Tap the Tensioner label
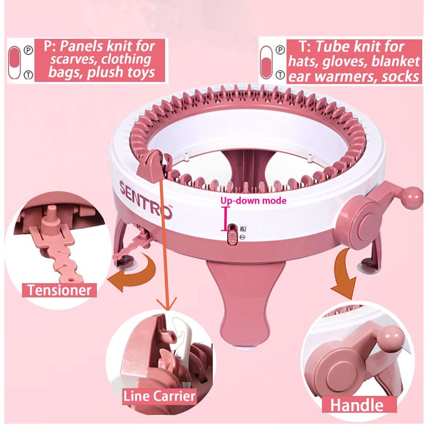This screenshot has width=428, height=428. click(x=59, y=290)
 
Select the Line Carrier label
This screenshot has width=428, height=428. click(x=159, y=396)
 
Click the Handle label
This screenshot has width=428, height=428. click(x=357, y=405)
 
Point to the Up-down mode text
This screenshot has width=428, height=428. click(x=254, y=201)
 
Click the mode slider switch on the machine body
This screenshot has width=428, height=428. click(x=233, y=234)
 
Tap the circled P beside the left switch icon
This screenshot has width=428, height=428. click(x=29, y=50)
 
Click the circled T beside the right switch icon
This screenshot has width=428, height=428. click(x=280, y=74)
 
